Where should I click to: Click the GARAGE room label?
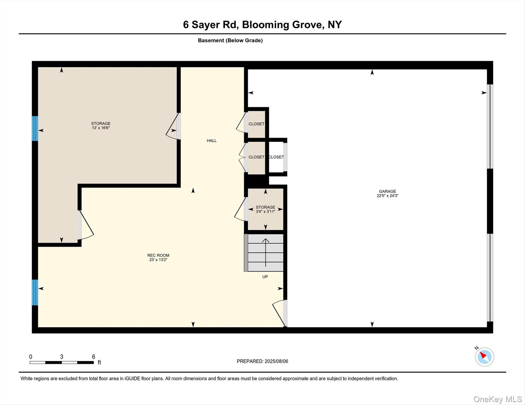pos(387,191)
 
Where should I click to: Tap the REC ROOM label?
pos(158,255)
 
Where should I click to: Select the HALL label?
pos(212,141)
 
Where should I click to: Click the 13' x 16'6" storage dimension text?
pos(101,128)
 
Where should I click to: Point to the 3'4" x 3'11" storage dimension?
pos(265,211)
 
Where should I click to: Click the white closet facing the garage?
pos(276,157)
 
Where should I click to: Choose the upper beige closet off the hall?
pos(256,124)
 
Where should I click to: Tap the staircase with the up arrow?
pos(265,253)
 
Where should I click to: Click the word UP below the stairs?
pos(265,277)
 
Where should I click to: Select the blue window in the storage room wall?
pos(35,128)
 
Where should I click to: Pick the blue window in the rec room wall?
pos(35,292)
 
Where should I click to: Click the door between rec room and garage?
pos(285,313)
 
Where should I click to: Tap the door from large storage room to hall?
pos(179,126)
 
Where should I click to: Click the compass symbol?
pos(484,357)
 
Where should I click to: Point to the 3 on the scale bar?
pos(62,357)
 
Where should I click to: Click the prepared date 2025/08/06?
pos(276,361)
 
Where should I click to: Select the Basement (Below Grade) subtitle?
pos(230,40)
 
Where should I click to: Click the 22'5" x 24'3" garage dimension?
pos(387,196)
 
